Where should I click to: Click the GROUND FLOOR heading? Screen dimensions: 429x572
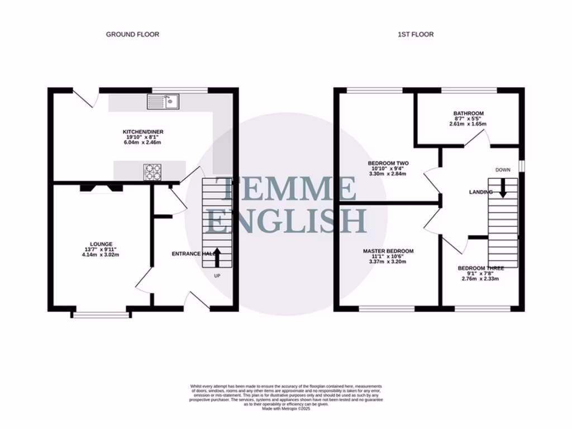click(x=132, y=35)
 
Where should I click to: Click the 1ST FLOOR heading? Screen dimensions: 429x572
click(x=416, y=35)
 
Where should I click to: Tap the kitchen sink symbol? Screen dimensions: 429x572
click(x=163, y=102)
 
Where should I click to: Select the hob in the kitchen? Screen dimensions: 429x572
click(x=152, y=172)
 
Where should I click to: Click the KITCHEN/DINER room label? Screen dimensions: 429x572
click(x=143, y=132)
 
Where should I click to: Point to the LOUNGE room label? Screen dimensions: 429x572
click(x=102, y=244)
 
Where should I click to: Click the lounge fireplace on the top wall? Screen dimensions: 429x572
click(x=101, y=189)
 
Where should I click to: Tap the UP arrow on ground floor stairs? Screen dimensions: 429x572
click(x=217, y=259)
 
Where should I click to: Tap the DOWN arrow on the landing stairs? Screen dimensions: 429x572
click(x=503, y=188)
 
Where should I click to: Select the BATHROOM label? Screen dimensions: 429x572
click(x=468, y=113)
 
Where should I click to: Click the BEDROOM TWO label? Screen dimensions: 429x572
click(x=388, y=163)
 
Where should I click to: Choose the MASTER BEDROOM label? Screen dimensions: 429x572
click(x=388, y=251)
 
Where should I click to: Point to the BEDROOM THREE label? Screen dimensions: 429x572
click(x=480, y=268)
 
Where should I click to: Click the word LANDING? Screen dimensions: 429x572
click(x=480, y=192)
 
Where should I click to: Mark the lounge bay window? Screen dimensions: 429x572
click(x=101, y=315)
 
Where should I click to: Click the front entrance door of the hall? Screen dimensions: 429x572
click(x=199, y=300)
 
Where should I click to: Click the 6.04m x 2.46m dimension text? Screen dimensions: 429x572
click(x=143, y=143)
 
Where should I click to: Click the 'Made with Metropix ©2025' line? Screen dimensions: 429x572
click(x=286, y=408)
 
